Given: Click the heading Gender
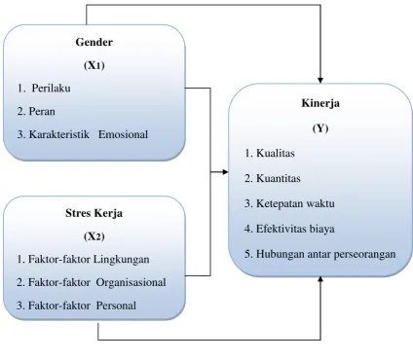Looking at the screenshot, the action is coord(94,42).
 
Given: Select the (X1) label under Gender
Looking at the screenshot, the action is coord(94,65).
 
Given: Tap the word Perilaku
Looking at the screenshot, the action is coord(51,89).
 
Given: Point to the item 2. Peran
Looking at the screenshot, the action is coord(36,112).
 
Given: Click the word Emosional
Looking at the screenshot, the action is coord(123,134).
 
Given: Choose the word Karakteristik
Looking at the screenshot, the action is coord(59,134).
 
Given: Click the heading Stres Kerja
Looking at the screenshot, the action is coord(94,213).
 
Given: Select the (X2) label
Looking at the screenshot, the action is coord(94,236).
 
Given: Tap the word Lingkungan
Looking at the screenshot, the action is coord(122,260).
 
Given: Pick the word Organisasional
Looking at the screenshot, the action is coord(131,282).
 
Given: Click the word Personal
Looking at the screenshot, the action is coord(116,306).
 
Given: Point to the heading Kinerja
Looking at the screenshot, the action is coord(320,103).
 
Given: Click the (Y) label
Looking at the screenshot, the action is coord(320,128).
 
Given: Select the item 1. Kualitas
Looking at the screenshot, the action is coord(270,153).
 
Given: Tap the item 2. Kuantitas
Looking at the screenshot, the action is coord(273,178).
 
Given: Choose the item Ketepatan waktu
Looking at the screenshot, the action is coord(295,203).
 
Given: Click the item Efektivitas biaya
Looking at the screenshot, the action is coord(295,229).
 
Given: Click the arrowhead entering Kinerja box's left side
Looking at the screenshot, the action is coord(225,172).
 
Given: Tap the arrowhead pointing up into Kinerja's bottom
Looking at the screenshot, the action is coord(320,279).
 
